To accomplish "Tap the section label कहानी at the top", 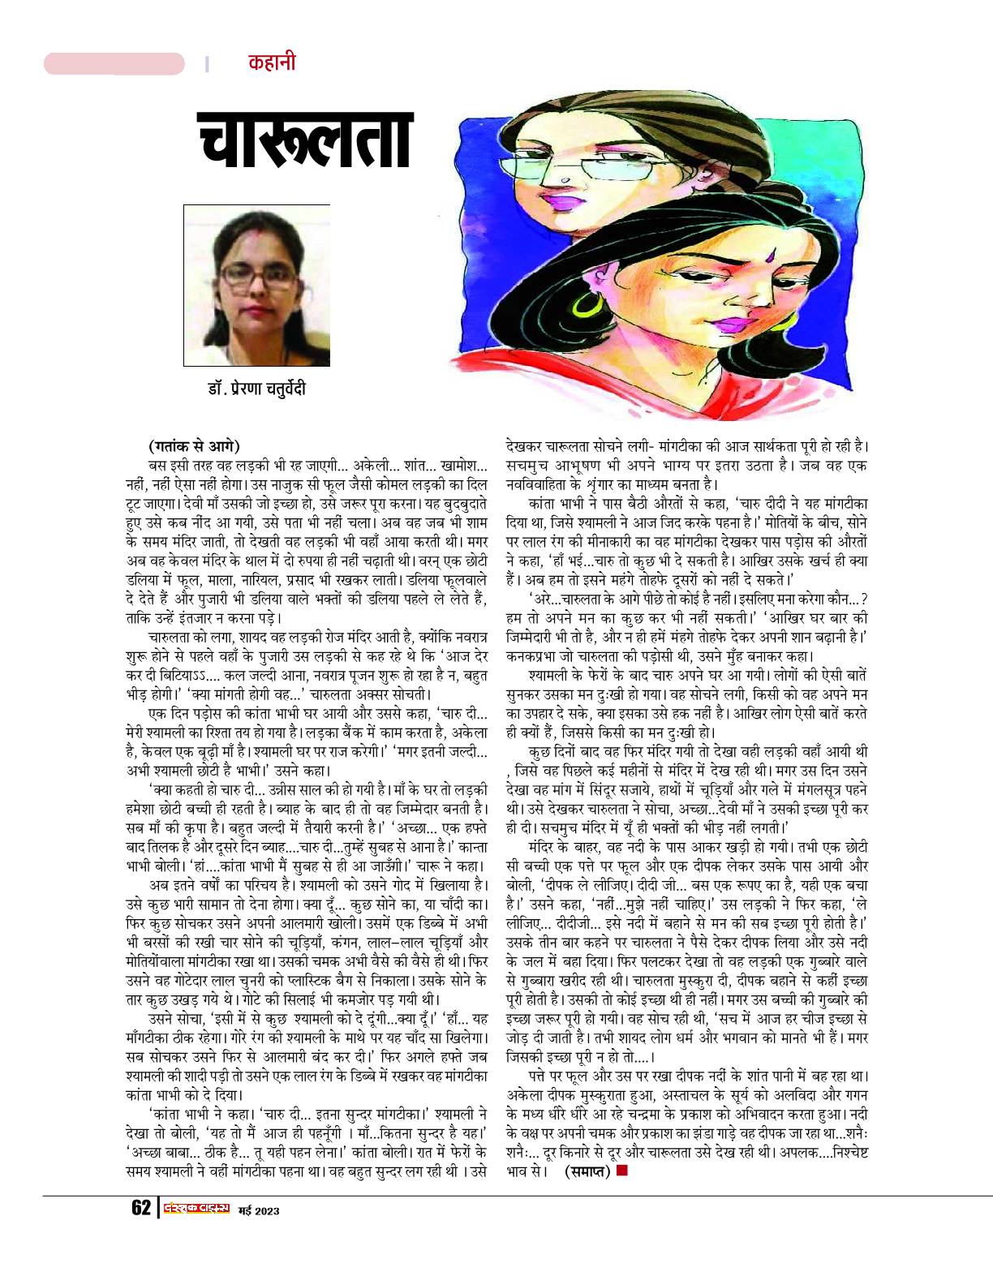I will pos(272,63).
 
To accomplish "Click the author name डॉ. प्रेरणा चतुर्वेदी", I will pos(256,389).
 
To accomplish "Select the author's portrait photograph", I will pos(256,285).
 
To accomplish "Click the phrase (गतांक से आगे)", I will pos(195,445).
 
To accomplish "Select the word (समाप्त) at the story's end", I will pos(587,1171).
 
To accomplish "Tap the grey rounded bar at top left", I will pos(114,63).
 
